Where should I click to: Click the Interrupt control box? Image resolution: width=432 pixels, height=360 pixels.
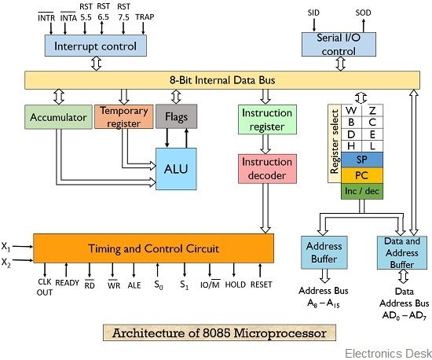pyautogui.click(x=95, y=46)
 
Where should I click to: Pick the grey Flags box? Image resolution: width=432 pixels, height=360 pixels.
pyautogui.click(x=176, y=117)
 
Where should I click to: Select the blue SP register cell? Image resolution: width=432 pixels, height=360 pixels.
pyautogui.click(x=361, y=158)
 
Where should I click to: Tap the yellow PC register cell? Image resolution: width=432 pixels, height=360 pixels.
pyautogui.click(x=361, y=174)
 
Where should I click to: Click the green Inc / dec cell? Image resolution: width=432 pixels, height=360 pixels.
pyautogui.click(x=361, y=190)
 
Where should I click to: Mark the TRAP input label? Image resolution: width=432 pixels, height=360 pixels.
pyautogui.click(x=145, y=17)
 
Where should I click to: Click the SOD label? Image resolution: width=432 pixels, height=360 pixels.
pyautogui.click(x=364, y=13)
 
